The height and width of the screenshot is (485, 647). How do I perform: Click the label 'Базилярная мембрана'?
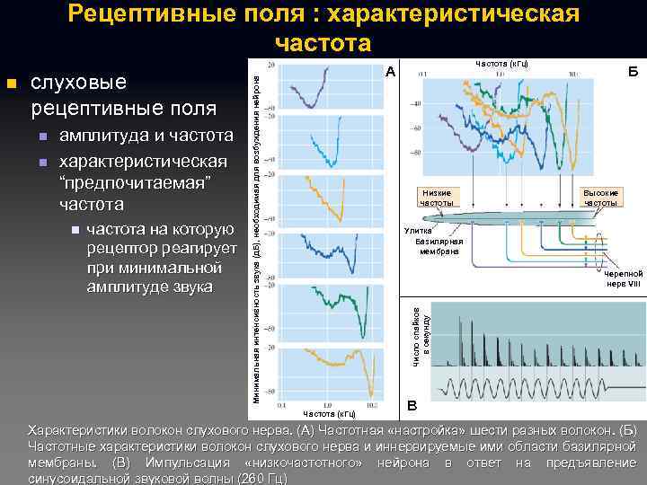[439, 247]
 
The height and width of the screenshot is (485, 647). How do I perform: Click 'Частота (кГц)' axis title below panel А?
[330, 414]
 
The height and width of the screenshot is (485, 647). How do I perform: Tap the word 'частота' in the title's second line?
[323, 43]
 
